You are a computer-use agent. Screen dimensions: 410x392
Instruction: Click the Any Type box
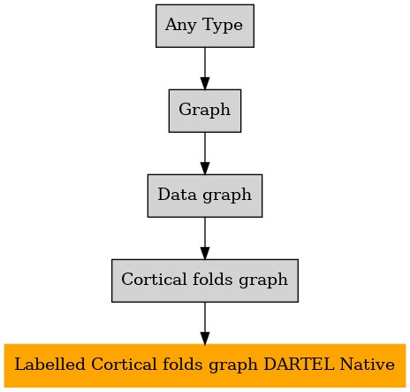(x=205, y=26)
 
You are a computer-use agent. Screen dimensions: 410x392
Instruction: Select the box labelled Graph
(x=205, y=111)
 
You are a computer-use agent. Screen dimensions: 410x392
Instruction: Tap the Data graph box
(x=205, y=196)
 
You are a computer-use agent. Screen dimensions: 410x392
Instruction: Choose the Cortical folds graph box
(x=205, y=281)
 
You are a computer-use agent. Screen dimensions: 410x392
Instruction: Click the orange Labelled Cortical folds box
(x=205, y=365)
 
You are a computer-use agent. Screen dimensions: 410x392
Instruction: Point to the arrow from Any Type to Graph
(x=205, y=68)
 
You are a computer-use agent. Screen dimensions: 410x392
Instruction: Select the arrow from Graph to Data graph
(x=205, y=153)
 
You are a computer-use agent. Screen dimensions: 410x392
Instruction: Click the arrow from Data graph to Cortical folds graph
(x=205, y=238)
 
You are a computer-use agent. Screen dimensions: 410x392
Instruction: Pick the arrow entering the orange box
(x=205, y=323)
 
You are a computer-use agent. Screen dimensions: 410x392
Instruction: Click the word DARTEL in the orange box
(x=299, y=365)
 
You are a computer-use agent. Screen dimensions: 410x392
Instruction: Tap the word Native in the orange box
(x=367, y=365)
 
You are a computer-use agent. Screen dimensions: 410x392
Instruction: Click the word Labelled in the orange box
(x=49, y=365)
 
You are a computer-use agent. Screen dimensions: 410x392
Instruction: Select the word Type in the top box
(x=223, y=26)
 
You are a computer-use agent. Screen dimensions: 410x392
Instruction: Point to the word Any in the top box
(x=180, y=26)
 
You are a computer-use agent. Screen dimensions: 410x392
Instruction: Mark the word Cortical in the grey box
(x=154, y=279)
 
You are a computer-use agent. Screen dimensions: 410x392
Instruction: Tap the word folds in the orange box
(x=183, y=364)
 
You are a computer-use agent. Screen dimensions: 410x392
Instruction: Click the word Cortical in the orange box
(x=124, y=365)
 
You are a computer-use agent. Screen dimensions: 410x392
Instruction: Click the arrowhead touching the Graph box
(x=205, y=83)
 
